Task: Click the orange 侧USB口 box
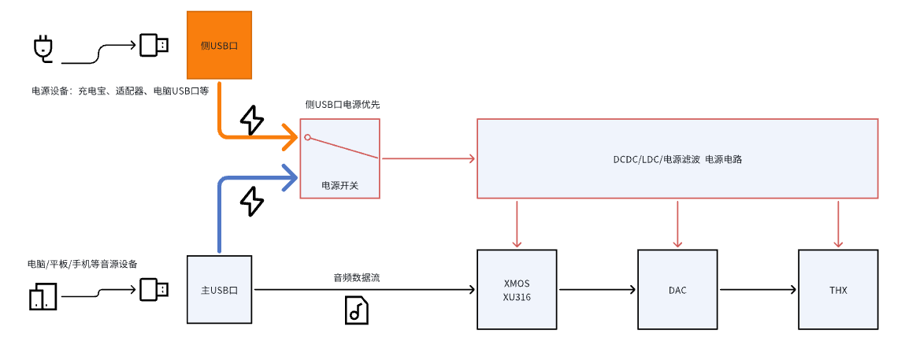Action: tap(219, 45)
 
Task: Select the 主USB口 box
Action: tap(219, 289)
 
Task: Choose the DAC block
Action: tap(677, 289)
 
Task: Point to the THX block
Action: tap(838, 289)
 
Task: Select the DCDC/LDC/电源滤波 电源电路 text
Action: tap(677, 158)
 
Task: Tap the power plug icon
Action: tap(43, 48)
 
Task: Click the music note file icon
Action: tap(357, 310)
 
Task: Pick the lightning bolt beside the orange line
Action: tap(251, 121)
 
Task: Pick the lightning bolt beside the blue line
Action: tap(251, 201)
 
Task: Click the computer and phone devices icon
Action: tap(43, 297)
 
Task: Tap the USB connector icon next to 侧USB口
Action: tap(154, 45)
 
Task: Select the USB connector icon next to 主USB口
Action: tap(154, 289)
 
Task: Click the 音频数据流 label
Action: tap(357, 277)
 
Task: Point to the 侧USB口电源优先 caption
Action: tap(343, 104)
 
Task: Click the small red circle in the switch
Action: tap(307, 137)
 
